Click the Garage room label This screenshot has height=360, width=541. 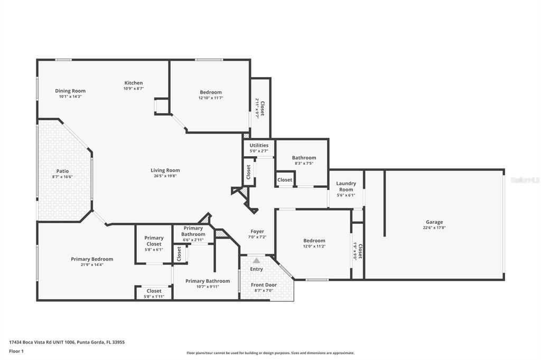(x=434, y=222)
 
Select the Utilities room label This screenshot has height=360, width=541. (x=259, y=145)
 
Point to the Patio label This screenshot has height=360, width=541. (x=62, y=171)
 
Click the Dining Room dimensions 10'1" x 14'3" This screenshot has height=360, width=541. (x=70, y=97)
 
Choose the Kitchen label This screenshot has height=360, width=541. (x=133, y=83)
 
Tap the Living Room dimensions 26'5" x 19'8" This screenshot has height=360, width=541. (x=165, y=176)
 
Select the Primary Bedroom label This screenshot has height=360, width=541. (x=92, y=259)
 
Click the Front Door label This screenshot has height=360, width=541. (x=264, y=285)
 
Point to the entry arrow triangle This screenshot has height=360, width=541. (x=256, y=260)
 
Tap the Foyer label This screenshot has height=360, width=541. (x=257, y=231)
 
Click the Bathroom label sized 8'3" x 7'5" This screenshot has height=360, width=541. (x=304, y=158)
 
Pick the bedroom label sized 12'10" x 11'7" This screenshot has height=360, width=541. (x=210, y=92)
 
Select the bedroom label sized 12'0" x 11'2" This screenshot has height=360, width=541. (x=314, y=241)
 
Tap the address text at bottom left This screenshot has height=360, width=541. (x=67, y=342)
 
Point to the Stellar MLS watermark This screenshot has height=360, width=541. (x=525, y=180)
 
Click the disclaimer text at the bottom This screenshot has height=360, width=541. (x=270, y=353)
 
